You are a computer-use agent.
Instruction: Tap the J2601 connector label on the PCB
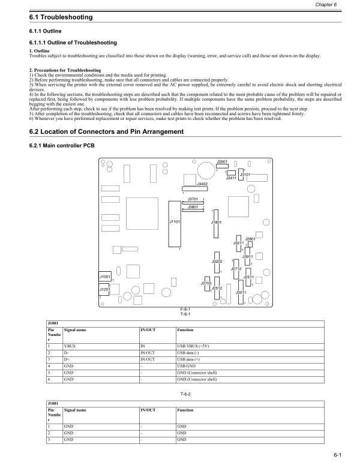tap(222, 162)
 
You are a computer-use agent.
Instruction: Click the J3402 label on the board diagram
tap(202, 184)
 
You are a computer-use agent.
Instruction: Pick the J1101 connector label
tap(175, 221)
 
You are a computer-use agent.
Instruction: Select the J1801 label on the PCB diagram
tap(217, 222)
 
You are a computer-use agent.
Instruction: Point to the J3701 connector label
tap(193, 199)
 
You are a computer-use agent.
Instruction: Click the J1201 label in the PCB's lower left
tap(104, 289)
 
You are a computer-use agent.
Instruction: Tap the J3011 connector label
tap(241, 292)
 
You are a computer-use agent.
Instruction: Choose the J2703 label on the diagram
tap(206, 283)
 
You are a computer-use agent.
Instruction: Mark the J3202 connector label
tap(217, 262)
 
